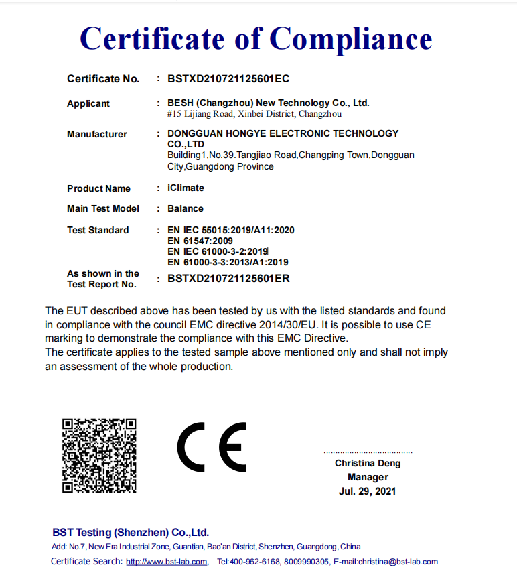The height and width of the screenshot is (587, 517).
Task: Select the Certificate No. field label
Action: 103,79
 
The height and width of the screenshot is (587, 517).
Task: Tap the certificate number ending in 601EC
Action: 228,79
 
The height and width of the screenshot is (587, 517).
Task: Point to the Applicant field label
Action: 88,103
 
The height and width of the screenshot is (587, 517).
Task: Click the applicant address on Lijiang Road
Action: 254,114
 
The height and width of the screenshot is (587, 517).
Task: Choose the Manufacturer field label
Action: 97,134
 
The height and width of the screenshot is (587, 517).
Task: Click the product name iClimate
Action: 186,188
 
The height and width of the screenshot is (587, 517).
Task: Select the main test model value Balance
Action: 186,208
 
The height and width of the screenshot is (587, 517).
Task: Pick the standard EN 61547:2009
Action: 200,241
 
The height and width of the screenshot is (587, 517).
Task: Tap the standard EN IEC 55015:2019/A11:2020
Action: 231,230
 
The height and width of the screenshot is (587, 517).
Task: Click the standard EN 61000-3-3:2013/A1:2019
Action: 228,262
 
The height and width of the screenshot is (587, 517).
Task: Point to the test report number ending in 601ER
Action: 228,279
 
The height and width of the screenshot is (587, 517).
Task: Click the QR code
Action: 99,456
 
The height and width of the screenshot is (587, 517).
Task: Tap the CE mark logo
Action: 212,447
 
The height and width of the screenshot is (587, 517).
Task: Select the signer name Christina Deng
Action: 368,463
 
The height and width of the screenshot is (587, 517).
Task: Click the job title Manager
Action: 368,477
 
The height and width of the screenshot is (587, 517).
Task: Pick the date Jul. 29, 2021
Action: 368,491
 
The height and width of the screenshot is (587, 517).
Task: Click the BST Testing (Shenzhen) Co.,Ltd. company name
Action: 131,533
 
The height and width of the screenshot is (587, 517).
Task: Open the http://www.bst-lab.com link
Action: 166,562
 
